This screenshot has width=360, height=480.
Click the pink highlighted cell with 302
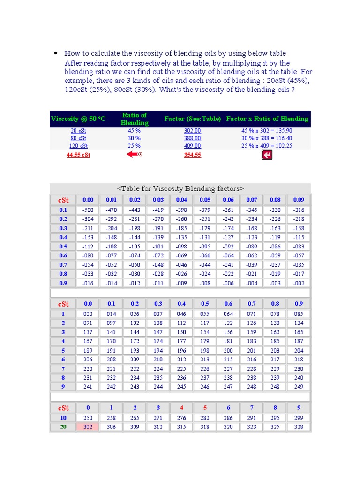click(88, 427)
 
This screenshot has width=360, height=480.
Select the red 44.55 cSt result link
click(78, 155)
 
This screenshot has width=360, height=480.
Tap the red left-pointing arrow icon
click(134, 154)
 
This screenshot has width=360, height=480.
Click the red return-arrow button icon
click(267, 155)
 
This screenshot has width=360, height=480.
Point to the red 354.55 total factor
click(192, 155)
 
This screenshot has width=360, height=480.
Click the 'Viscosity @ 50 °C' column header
click(78, 119)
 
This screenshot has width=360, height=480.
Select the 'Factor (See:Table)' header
click(192, 119)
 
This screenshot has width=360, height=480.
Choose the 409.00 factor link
click(192, 146)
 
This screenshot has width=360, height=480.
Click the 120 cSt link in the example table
click(78, 146)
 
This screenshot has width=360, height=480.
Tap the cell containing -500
click(88, 210)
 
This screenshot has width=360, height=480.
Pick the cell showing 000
click(88, 314)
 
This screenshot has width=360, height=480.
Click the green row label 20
click(63, 427)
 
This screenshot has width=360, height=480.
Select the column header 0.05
click(205, 200)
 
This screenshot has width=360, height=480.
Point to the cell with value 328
click(299, 427)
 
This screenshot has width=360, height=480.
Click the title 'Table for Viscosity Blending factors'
click(180, 188)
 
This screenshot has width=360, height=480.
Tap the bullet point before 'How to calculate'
click(56, 53)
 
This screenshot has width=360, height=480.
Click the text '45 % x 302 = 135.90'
click(267, 131)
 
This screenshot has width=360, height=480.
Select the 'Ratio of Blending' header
click(135, 119)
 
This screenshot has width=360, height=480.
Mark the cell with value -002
click(299, 283)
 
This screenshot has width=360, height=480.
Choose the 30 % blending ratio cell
click(134, 138)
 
